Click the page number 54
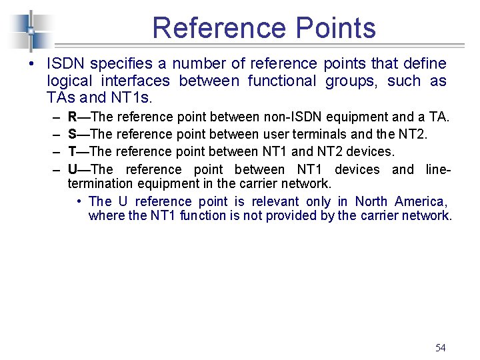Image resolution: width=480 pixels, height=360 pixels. [440, 347]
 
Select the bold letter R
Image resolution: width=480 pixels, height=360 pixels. [73, 117]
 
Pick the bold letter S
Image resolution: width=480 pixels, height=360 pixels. [73, 135]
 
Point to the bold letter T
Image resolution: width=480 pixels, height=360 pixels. [72, 152]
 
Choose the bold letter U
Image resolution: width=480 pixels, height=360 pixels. [73, 169]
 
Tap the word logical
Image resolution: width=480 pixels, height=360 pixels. [69, 81]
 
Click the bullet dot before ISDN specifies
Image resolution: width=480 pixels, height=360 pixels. [31, 65]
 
